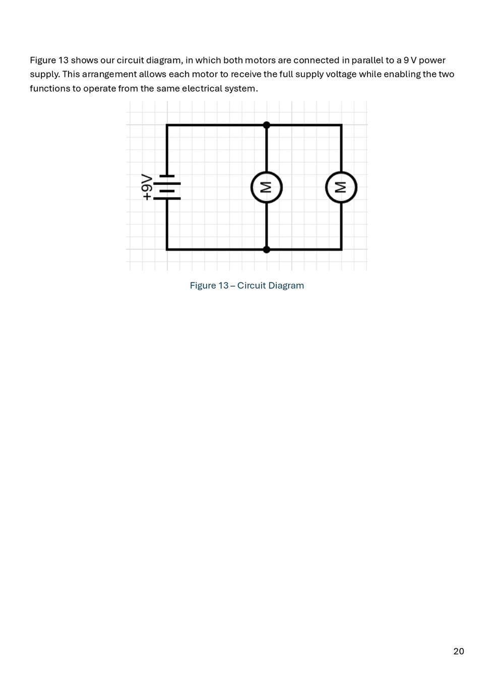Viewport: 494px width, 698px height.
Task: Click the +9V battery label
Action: coord(147,187)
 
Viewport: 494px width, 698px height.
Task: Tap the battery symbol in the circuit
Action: coord(167,187)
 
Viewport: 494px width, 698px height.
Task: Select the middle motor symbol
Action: coord(267,187)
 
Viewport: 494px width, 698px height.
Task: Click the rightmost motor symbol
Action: coord(341,187)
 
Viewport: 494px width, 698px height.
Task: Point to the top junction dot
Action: coord(267,125)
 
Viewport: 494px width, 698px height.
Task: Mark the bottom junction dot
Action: coord(267,249)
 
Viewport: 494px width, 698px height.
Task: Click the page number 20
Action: coord(458,651)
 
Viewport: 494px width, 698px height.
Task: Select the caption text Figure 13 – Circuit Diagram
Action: coord(246,285)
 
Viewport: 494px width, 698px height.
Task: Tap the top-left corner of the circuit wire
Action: coord(167,125)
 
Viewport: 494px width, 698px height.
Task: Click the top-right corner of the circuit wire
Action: coord(341,125)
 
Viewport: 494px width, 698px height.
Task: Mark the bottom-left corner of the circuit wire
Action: coord(167,249)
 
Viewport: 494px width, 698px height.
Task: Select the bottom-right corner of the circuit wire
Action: coord(341,249)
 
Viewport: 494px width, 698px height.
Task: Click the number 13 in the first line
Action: coord(63,60)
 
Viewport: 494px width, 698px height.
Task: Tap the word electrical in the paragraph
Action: coord(202,88)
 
